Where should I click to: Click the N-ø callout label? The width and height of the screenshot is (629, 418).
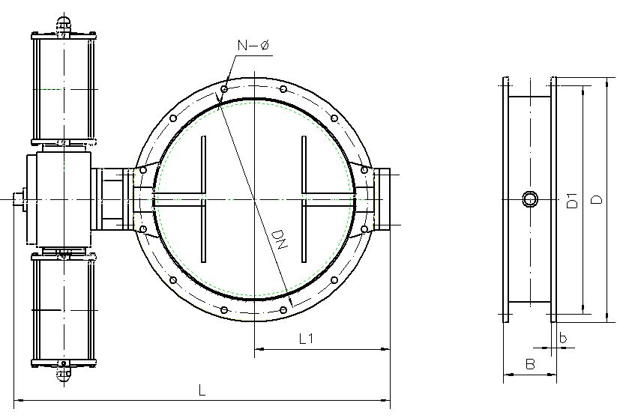(253, 45)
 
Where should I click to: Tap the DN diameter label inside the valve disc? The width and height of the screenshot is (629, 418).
(278, 240)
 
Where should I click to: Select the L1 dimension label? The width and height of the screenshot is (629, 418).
(306, 339)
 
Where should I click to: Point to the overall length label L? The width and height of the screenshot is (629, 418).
(202, 390)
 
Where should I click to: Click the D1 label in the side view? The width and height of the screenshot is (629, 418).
(573, 200)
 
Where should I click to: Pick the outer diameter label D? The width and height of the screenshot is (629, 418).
(597, 199)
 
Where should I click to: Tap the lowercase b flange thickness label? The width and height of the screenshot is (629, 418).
(563, 338)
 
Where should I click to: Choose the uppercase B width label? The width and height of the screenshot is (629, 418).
(530, 364)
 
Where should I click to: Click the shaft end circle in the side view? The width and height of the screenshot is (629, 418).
(530, 199)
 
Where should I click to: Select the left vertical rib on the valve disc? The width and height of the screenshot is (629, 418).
(204, 199)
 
